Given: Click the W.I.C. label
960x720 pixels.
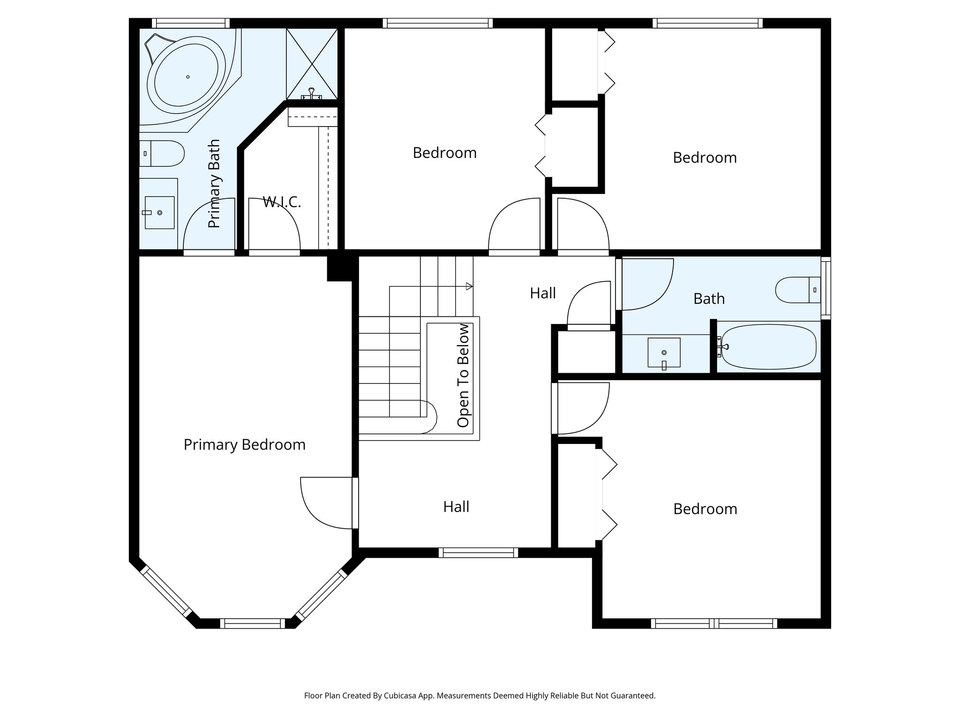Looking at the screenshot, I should click(281, 202).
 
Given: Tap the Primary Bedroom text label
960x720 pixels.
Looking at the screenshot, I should click(244, 444).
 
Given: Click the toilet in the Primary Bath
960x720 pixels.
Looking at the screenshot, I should click(162, 153).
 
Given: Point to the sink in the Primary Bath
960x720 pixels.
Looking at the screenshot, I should click(159, 213).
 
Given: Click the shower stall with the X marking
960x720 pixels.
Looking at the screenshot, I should click(312, 64).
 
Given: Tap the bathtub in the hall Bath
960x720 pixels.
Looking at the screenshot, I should click(769, 347).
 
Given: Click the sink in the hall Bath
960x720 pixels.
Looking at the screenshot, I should click(664, 353).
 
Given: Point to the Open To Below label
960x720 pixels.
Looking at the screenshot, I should click(463, 375).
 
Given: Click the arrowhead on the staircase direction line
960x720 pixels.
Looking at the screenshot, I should click(469, 286).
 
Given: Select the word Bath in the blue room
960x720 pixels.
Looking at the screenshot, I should click(709, 299).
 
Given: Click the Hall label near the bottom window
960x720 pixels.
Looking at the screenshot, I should click(456, 507).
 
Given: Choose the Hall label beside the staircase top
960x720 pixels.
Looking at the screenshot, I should click(542, 293).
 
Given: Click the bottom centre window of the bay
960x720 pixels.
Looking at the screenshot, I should click(252, 623).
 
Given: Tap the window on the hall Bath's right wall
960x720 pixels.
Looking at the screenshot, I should click(825, 288).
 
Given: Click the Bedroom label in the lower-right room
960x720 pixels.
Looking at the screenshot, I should click(705, 509).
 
